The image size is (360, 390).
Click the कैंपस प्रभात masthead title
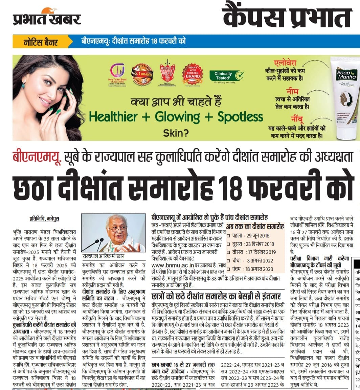(x=287, y=17)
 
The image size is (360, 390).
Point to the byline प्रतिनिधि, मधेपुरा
(x=44, y=219)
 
